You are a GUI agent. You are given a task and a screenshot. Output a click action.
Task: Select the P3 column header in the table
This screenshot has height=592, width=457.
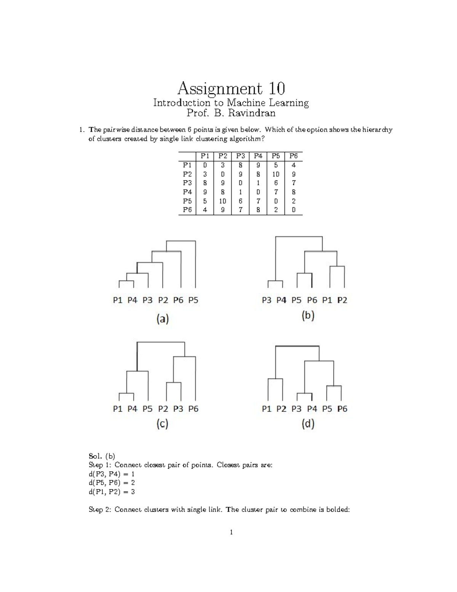(240, 156)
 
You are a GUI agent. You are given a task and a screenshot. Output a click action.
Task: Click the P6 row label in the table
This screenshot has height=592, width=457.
(187, 210)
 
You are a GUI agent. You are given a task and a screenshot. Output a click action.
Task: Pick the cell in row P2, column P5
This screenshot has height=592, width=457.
(276, 174)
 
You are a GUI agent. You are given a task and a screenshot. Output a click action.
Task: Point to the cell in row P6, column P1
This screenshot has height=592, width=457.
(205, 210)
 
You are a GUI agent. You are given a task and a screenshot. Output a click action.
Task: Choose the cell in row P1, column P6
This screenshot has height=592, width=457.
(293, 165)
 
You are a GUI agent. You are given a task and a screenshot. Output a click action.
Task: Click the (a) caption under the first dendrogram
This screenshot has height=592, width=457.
(162, 319)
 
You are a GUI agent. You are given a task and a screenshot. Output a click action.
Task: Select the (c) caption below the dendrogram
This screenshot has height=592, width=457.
(162, 424)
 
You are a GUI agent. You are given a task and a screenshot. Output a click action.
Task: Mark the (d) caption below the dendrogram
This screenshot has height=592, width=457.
(308, 424)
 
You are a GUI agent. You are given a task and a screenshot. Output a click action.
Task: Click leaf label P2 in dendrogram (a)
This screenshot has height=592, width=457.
(163, 300)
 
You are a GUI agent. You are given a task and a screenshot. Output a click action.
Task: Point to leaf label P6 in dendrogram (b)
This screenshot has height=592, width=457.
(312, 300)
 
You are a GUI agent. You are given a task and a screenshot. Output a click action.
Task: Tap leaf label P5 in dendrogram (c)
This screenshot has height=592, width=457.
(147, 409)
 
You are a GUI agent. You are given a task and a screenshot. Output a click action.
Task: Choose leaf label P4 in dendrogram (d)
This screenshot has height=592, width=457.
(312, 409)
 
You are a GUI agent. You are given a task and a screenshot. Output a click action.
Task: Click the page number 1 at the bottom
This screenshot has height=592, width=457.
(231, 532)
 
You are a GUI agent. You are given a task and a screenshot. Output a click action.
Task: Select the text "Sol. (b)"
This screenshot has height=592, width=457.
(102, 456)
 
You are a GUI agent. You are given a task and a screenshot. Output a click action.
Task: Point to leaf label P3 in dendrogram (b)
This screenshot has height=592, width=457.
(267, 300)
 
